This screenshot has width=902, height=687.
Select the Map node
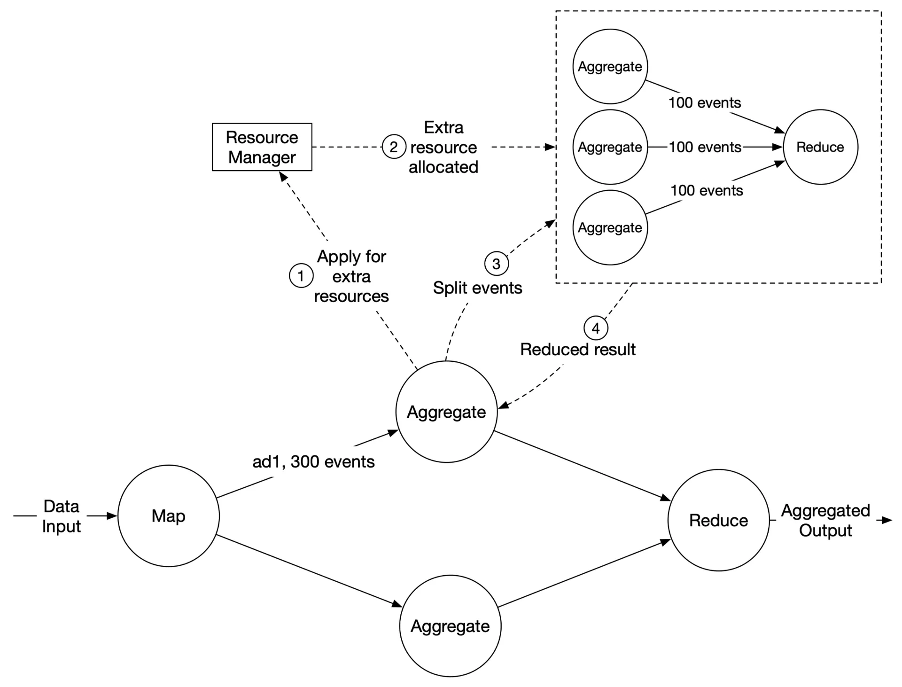pos(168,516)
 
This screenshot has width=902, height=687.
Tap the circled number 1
pos(301,275)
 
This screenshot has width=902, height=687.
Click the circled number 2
pos(394,147)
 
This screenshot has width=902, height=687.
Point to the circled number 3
pos(496,264)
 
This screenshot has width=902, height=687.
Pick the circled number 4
pos(596,328)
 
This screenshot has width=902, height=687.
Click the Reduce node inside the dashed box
pos(820,147)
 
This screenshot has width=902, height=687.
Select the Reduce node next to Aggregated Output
pos(718,520)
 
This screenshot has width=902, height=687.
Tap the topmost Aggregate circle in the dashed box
pos(610,66)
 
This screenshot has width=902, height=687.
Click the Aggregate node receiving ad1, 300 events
pos(446,412)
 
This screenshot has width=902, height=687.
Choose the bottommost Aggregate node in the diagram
pos(450,626)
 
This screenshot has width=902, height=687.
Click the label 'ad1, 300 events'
pos(313,462)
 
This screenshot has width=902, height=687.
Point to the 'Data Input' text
pos(62,516)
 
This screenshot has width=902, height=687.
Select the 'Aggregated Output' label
pos(825,520)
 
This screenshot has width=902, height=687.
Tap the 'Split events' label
pos(477,288)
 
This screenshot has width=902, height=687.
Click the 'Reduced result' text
pos(578,350)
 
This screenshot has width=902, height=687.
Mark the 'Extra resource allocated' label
pos(443,147)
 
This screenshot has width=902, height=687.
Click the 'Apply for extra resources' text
pos(351,276)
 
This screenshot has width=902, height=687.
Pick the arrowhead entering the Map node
pos(112,516)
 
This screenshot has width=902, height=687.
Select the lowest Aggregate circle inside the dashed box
pos(610,227)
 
